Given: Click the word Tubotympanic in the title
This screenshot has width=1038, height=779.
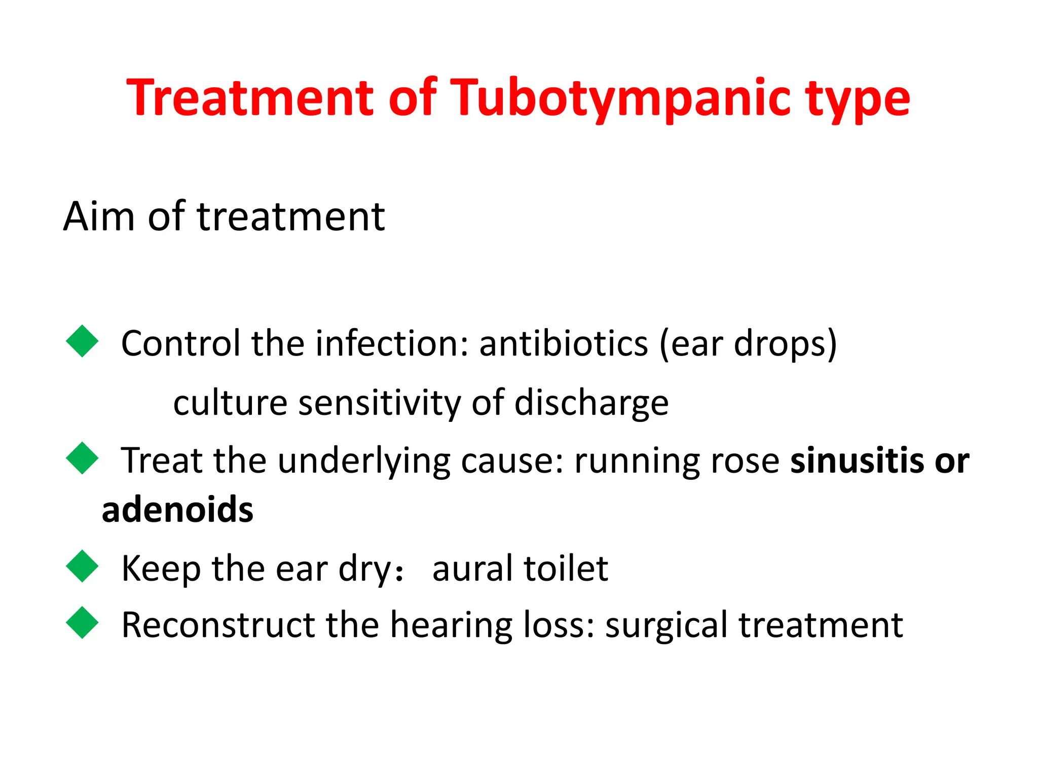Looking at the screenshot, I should coord(619,99).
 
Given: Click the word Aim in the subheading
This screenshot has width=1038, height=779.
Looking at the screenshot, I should coord(99,217).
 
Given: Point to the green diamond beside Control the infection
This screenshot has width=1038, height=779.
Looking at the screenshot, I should coord(82,341).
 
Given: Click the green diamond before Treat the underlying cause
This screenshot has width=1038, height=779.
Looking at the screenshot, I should coord(82,458).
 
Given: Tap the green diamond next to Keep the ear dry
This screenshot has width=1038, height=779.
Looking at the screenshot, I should coord(82,566).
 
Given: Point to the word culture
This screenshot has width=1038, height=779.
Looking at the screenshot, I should coord(231,403).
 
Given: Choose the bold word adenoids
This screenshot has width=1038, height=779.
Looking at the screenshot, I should coord(177,510).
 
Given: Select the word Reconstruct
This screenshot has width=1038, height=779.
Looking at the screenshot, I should coord(218,625).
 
